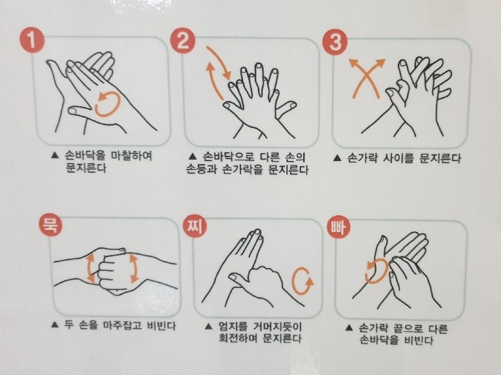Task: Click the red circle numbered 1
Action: [32, 40]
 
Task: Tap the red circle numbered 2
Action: [183, 40]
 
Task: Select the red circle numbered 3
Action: [335, 42]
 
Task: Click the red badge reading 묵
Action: [51, 225]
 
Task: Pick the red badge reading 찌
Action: [195, 226]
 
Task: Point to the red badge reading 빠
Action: [338, 228]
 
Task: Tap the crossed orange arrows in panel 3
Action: [367, 78]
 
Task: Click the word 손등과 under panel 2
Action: [202, 169]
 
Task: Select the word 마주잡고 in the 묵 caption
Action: [122, 325]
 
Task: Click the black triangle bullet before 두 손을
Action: [55, 325]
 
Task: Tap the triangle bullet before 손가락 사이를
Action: [337, 158]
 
